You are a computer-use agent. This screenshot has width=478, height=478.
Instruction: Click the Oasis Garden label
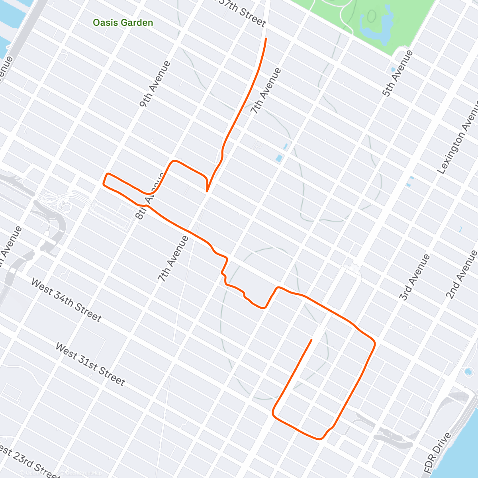[x=123, y=23]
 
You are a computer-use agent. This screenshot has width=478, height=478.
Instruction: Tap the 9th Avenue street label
[x=155, y=84]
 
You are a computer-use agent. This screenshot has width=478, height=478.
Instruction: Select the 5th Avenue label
[x=397, y=74]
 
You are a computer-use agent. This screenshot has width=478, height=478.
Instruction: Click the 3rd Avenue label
[x=415, y=277]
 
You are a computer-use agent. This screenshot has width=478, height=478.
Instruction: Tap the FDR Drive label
[x=438, y=453]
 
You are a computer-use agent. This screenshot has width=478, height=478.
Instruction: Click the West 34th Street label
[x=66, y=300]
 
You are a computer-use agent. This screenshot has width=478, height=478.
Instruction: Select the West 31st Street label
[x=90, y=364]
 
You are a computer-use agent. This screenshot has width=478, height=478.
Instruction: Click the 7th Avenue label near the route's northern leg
[x=266, y=91]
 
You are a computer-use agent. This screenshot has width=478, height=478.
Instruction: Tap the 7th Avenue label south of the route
[x=172, y=259]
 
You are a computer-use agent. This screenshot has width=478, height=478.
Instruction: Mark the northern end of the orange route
[x=266, y=38]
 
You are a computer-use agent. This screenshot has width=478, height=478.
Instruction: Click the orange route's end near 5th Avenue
[x=311, y=340]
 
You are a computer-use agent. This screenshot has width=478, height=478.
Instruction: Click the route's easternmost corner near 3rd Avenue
[x=374, y=343]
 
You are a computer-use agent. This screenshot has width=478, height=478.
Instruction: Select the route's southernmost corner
[x=319, y=439]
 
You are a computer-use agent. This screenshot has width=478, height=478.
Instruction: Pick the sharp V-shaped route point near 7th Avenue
[x=207, y=191]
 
